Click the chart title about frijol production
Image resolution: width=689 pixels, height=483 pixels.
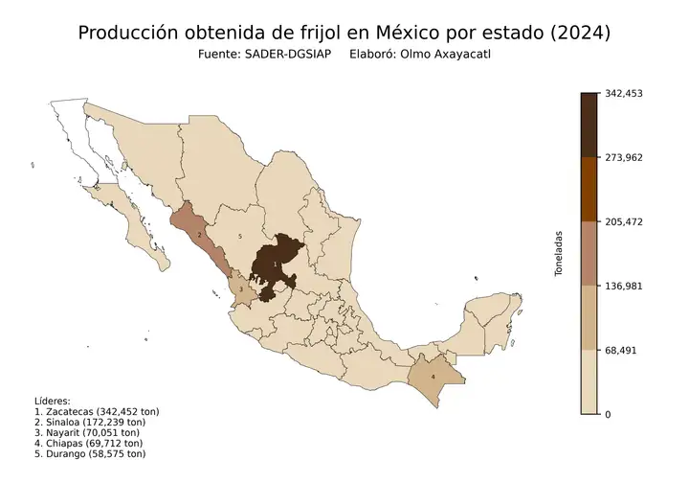point(344,33)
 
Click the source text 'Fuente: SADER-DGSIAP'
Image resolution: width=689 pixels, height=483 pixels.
point(264,56)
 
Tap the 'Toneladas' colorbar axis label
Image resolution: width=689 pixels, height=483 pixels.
point(559,254)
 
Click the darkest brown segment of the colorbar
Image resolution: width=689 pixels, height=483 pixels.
point(589,125)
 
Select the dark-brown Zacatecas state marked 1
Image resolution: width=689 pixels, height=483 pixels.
point(278,265)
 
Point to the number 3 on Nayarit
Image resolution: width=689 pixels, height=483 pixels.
point(240,287)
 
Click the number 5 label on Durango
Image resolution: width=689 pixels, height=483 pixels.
point(239,236)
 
